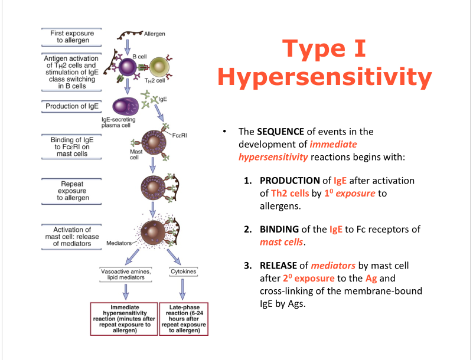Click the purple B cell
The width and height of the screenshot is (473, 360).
(128, 68)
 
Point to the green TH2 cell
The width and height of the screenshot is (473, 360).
(158, 68)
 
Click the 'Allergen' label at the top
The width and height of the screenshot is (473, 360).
(154, 34)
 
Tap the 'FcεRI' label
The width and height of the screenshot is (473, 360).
(180, 135)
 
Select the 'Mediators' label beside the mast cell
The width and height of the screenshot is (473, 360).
(119, 243)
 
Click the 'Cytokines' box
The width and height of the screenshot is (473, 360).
(180, 272)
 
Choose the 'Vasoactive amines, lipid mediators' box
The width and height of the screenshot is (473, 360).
(125, 274)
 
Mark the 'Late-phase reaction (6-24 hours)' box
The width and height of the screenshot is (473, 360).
(184, 319)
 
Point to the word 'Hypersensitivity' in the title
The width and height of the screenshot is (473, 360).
(324, 77)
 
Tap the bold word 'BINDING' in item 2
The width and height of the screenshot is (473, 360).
(280, 229)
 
